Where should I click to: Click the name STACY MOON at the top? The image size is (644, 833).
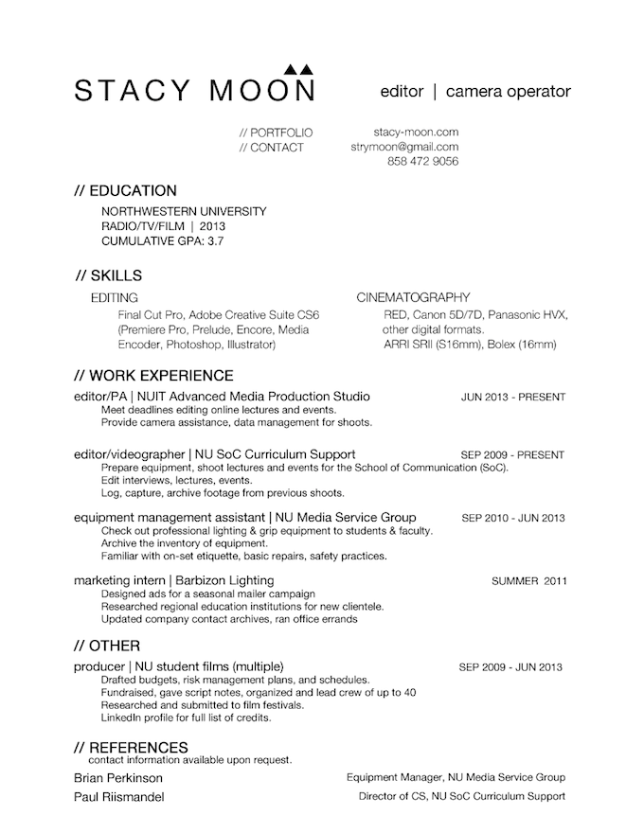pyautogui.click(x=194, y=90)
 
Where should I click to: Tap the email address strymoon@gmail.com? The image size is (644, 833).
pyautogui.click(x=404, y=148)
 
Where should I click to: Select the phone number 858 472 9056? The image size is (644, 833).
pyautogui.click(x=423, y=162)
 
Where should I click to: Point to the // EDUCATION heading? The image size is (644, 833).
pyautogui.click(x=125, y=190)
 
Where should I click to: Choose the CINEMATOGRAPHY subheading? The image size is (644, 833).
pyautogui.click(x=413, y=298)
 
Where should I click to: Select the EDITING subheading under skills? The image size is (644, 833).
pyautogui.click(x=115, y=298)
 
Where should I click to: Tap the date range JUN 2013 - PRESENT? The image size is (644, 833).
pyautogui.click(x=512, y=397)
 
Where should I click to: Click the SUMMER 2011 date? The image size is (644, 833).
pyautogui.click(x=529, y=580)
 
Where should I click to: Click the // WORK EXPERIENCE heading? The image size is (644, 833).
pyautogui.click(x=153, y=376)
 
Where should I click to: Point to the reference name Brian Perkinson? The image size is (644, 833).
pyautogui.click(x=117, y=777)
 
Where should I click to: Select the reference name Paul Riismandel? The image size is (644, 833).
pyautogui.click(x=118, y=797)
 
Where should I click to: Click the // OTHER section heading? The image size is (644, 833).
pyautogui.click(x=107, y=646)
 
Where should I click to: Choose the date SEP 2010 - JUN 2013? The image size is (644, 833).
pyautogui.click(x=512, y=518)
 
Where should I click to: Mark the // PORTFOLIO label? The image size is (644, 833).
pyautogui.click(x=277, y=133)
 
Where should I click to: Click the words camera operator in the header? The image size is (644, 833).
pyautogui.click(x=508, y=92)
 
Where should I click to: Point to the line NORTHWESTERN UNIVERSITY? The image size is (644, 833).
pyautogui.click(x=184, y=211)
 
